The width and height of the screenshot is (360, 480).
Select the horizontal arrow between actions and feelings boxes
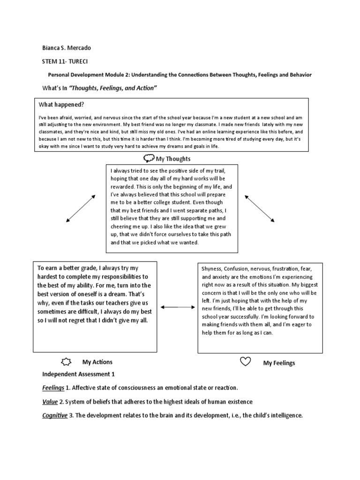[177, 307]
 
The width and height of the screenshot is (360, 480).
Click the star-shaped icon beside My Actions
[67, 362]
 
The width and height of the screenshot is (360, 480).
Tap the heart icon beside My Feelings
[245, 362]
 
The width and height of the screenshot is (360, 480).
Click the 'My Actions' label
[97, 362]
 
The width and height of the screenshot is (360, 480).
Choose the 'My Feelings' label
[279, 363]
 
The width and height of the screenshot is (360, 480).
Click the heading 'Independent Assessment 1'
[78, 375]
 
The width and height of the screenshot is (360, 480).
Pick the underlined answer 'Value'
[50, 402]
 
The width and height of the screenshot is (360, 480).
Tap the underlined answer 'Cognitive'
[54, 415]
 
